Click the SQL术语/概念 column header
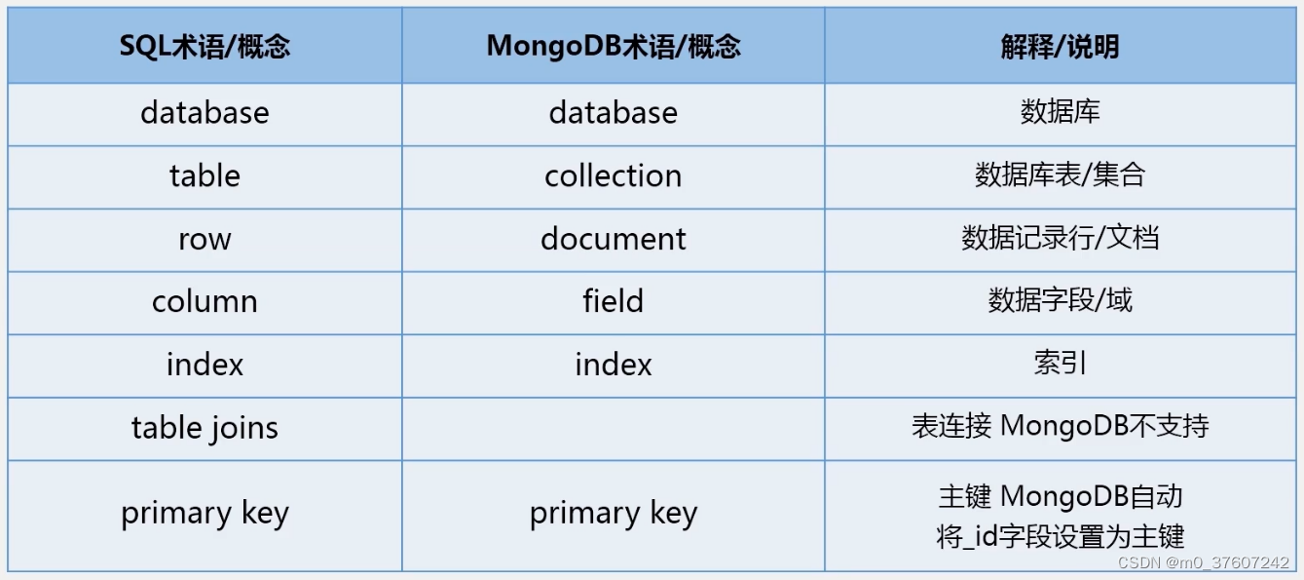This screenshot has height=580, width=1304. tap(205, 47)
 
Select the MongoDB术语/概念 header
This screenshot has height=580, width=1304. tap(613, 47)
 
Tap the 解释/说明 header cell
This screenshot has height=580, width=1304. tap(1060, 47)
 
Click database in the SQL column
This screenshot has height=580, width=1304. tap(205, 113)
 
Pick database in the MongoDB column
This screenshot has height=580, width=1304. tap(613, 113)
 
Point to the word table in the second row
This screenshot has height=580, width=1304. tap(205, 176)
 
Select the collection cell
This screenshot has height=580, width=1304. tap(613, 176)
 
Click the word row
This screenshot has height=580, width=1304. tap(205, 240)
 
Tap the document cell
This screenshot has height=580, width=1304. tap(613, 240)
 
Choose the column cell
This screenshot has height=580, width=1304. tap(205, 302)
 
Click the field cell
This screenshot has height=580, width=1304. tap(613, 302)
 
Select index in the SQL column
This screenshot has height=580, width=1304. tap(205, 366)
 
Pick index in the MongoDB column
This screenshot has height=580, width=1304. tap(613, 366)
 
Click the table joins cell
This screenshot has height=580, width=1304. tap(205, 428)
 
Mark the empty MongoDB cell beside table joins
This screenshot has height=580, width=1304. tap(613, 428)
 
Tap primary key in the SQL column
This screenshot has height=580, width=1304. tap(205, 514)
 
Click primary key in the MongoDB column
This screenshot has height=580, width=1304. tap(613, 514)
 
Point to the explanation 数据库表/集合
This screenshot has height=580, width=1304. tap(1060, 176)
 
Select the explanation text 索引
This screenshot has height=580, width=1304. tap(1060, 365)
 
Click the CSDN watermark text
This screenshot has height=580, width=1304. tap(1204, 563)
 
